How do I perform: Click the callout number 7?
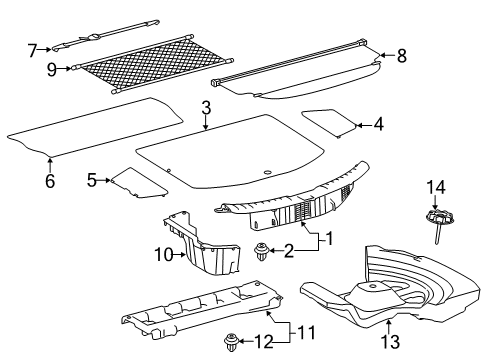[x=32, y=48]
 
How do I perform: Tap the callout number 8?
[x=401, y=57]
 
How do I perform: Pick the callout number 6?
[x=48, y=181]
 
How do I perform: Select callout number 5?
[x=91, y=180]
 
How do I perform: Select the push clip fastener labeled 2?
[x=262, y=251]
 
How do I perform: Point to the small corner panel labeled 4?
[x=329, y=121]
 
